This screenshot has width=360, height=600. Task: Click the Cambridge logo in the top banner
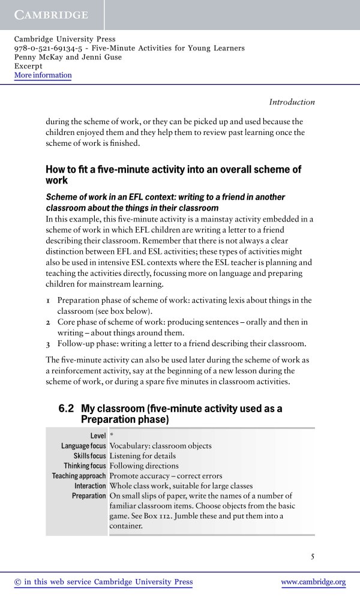(x=51, y=14)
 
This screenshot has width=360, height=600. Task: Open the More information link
(x=43, y=75)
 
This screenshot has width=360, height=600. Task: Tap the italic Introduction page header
(x=292, y=102)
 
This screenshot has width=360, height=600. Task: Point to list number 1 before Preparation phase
(x=49, y=300)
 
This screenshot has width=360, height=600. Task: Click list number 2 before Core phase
(x=49, y=322)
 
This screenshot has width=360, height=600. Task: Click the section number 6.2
(x=66, y=409)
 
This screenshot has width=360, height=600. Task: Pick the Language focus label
(x=83, y=446)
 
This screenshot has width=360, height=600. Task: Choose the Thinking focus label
(x=85, y=466)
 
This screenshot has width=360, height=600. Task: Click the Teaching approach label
(x=79, y=476)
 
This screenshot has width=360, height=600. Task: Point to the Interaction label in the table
(x=90, y=485)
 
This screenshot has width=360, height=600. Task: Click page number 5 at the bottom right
(x=313, y=556)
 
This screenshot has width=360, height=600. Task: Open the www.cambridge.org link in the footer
(x=313, y=582)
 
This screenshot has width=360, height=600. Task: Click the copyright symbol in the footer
(x=17, y=582)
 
